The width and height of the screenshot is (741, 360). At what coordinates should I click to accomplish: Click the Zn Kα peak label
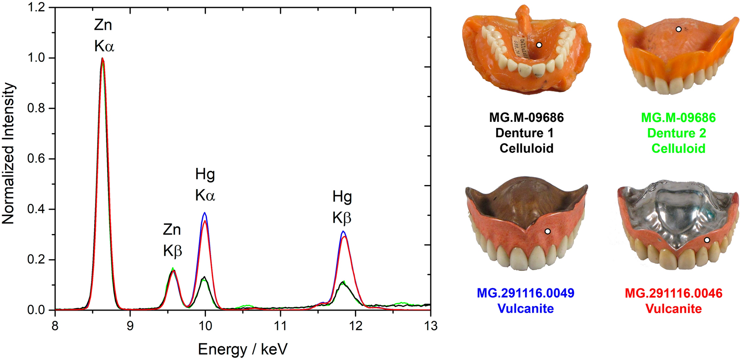104,36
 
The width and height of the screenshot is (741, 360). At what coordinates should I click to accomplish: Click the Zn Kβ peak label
172,240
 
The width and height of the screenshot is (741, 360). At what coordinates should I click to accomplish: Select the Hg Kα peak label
205,185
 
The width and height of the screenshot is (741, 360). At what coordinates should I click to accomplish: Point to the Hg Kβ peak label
342,207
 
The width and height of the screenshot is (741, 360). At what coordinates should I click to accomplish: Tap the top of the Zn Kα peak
103,59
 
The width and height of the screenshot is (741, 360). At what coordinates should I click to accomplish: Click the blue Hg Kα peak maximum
205,213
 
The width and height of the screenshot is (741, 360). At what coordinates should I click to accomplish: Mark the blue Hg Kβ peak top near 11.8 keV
343,231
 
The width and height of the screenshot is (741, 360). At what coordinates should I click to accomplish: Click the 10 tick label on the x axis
205,326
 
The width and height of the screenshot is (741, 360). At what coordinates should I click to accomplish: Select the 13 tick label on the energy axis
430,326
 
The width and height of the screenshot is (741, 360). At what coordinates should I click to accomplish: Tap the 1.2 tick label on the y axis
36,8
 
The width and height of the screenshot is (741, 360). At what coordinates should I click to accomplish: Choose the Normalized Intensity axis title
8,153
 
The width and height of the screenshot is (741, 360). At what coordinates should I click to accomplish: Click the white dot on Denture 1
539,45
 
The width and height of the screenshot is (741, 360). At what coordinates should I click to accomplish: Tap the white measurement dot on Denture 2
679,29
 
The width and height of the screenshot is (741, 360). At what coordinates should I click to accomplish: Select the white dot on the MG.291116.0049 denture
548,231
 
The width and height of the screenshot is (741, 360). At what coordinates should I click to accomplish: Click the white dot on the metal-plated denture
707,240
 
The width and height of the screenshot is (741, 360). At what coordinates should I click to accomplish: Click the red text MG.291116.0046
673,293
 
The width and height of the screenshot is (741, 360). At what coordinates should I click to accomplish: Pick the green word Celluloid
678,149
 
